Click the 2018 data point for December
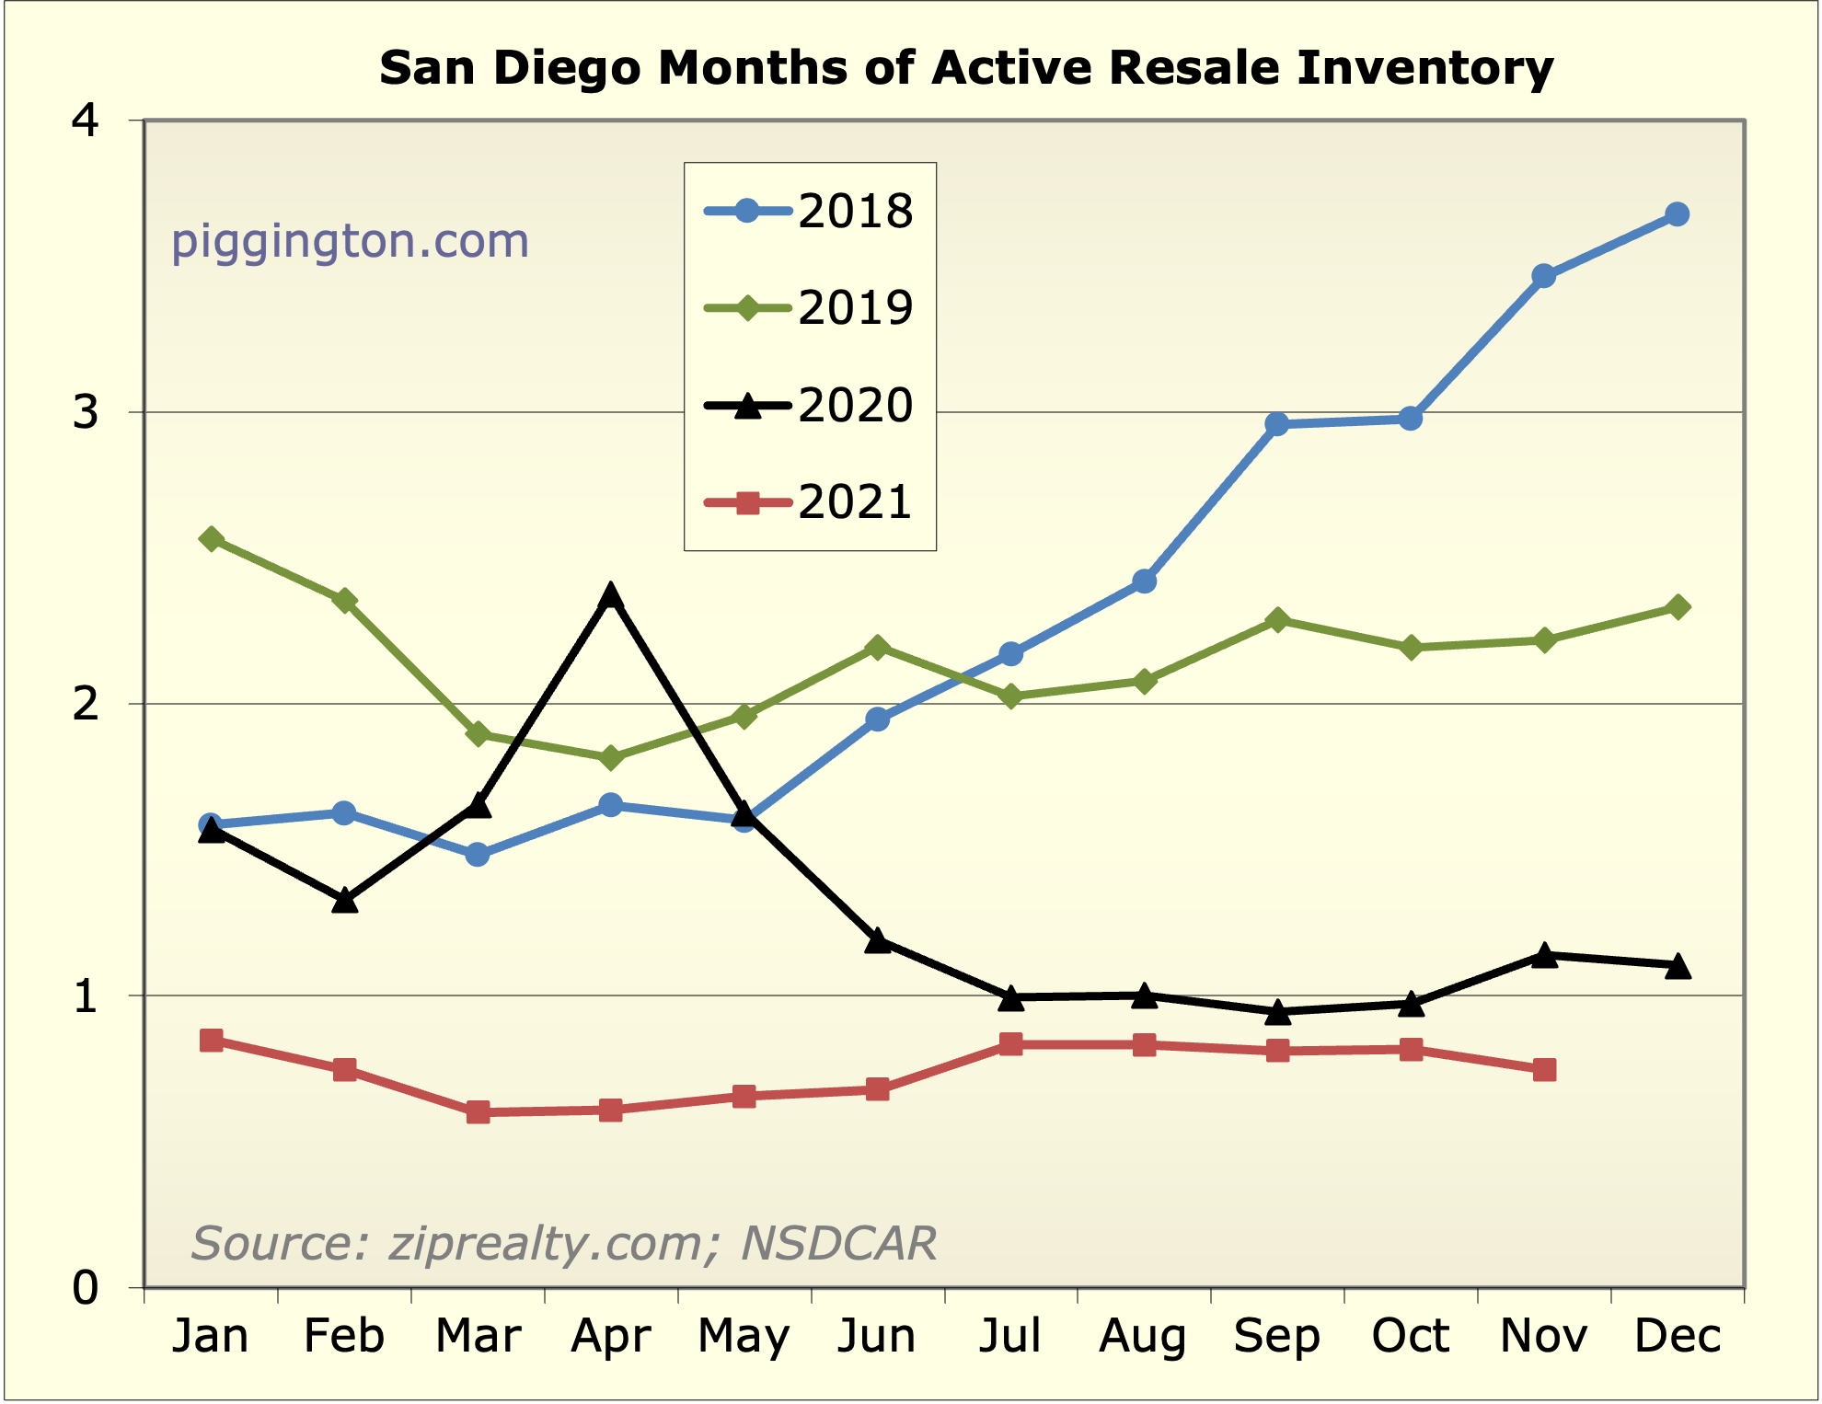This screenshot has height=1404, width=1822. [x=1677, y=214]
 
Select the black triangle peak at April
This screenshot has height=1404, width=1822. [x=610, y=596]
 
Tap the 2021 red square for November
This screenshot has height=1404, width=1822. [x=1544, y=1069]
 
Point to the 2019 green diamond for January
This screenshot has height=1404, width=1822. [x=211, y=539]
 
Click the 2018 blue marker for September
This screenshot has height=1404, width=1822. [x=1276, y=424]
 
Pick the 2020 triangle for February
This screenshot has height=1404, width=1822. [x=344, y=901]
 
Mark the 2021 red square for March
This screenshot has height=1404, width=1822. [x=478, y=1112]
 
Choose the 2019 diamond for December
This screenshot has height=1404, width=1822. [x=1677, y=607]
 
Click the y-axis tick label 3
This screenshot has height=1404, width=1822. [x=86, y=412]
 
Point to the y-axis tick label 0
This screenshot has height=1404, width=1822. [x=86, y=1288]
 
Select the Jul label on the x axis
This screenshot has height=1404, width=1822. [x=1009, y=1336]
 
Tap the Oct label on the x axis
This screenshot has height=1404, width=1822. [x=1410, y=1336]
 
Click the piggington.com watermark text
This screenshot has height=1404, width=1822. [x=350, y=241]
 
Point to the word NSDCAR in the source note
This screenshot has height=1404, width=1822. [x=838, y=1243]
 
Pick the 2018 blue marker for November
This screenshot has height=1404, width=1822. [x=1543, y=276]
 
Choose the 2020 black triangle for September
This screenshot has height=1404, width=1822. [x=1276, y=1012]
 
